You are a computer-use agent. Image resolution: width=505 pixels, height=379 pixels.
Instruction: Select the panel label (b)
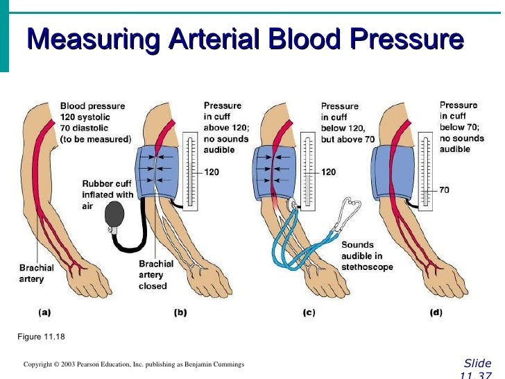180,312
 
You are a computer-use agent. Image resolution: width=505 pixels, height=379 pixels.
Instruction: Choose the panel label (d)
435,312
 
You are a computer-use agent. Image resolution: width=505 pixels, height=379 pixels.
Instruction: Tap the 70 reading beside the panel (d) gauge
444,189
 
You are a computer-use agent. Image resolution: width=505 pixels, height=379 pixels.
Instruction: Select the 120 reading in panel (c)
330,171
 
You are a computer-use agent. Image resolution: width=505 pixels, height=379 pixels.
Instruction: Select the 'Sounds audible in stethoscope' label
366,255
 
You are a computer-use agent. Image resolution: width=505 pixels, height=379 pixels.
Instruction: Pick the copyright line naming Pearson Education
133,364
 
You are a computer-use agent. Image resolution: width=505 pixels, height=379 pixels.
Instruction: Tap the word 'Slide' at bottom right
477,364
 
